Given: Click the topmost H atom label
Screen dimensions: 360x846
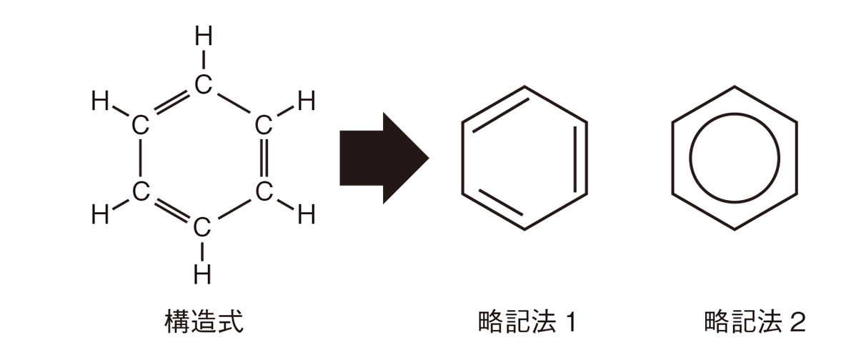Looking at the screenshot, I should click(204, 36).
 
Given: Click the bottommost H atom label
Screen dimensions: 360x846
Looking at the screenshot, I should click(203, 274).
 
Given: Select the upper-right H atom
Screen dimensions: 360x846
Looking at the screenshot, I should click(307, 102).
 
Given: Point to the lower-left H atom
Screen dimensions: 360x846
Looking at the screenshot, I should click(100, 214).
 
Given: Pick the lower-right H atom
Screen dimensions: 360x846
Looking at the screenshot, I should click(307, 214).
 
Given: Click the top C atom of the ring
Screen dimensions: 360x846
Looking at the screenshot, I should click(204, 85).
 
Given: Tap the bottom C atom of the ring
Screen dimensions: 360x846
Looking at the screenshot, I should click(202, 228).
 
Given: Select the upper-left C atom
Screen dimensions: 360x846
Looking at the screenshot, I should click(140, 126).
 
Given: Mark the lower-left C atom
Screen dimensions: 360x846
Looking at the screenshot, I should click(140, 190).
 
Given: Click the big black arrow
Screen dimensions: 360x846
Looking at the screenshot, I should click(383, 158).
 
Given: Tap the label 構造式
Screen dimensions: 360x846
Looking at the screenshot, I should click(204, 324).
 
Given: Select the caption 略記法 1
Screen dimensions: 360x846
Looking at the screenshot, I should click(528, 324).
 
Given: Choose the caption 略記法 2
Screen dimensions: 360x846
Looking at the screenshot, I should click(755, 324).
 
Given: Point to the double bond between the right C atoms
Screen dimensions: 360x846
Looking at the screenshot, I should click(264, 158).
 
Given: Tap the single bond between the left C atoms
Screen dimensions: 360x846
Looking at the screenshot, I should click(140, 158).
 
